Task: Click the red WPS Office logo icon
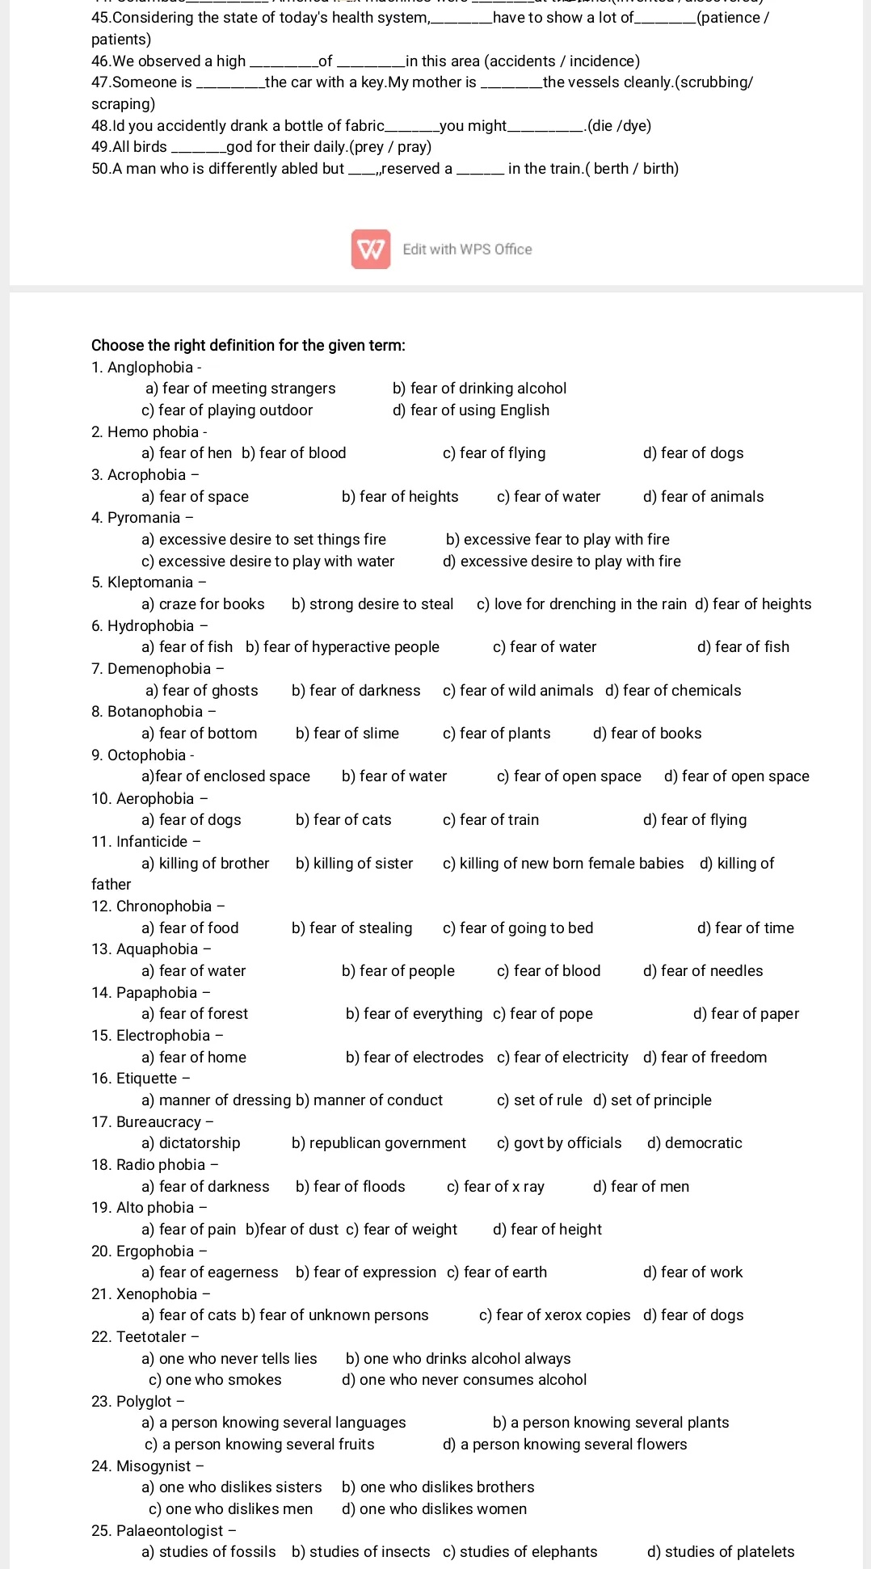[371, 249]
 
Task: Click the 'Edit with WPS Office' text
[467, 250]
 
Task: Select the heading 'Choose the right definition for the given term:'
[248, 346]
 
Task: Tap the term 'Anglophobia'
[150, 368]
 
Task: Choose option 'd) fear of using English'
[471, 410]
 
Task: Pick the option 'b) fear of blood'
[294, 453]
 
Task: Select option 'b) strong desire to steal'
[372, 604]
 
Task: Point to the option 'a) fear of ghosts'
[202, 691]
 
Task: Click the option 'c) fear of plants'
[497, 734]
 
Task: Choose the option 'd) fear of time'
[746, 928]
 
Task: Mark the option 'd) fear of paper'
[746, 1014]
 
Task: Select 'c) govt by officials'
[559, 1143]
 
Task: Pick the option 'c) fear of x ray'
[495, 1187]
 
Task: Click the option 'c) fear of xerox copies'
[555, 1315]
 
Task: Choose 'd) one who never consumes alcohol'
[465, 1380]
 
